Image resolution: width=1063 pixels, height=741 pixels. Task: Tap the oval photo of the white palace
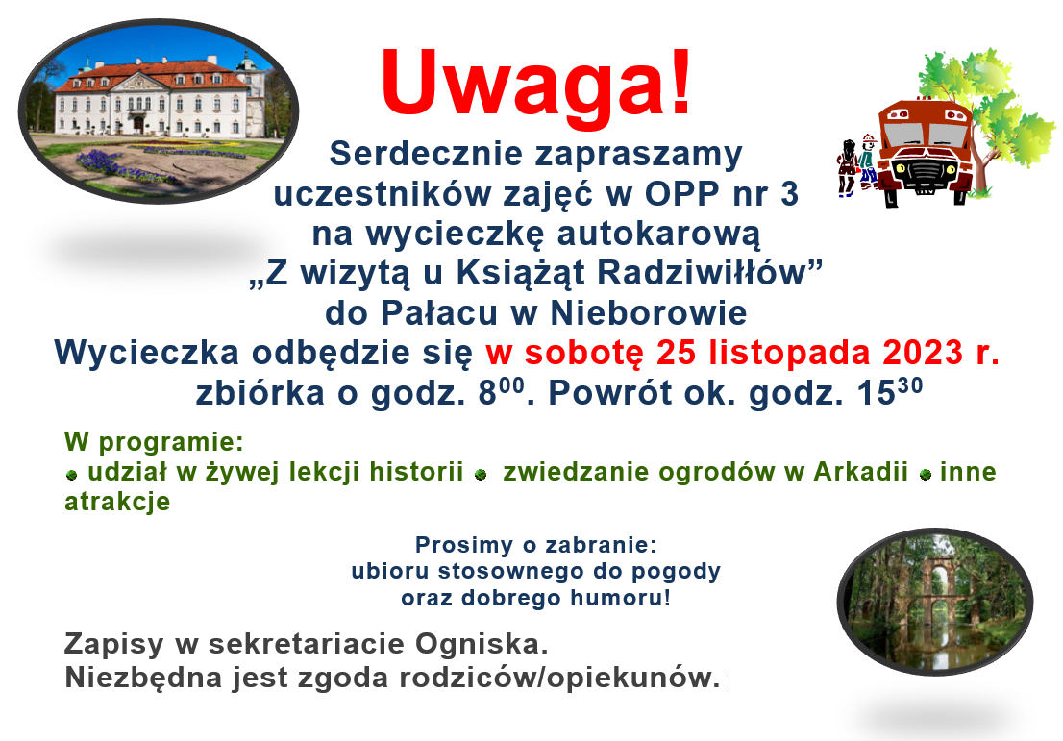pos(158,111)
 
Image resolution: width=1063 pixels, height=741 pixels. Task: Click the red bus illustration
pos(926,152)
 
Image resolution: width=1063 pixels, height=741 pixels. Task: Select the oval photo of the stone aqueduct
pos(935,602)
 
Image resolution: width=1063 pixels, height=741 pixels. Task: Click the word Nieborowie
pos(648,313)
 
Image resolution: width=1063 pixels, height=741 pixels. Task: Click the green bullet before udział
pos(72,475)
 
